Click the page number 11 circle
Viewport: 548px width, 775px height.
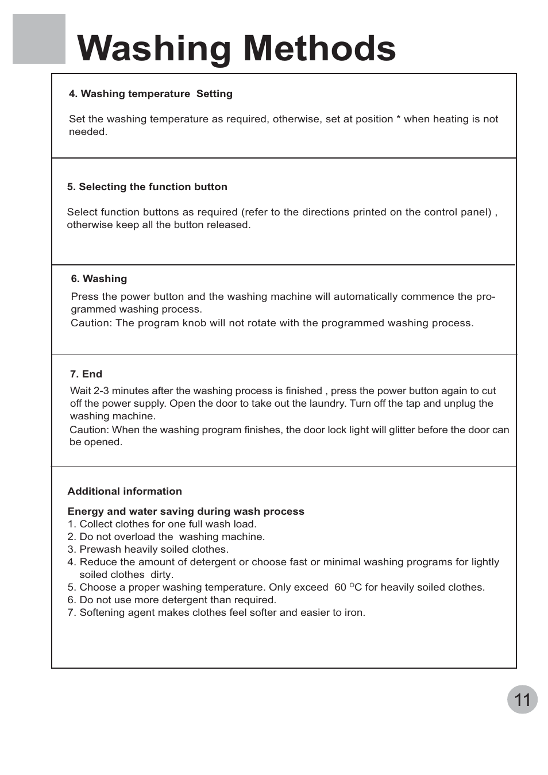(522, 699)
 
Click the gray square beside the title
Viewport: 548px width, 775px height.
(39, 39)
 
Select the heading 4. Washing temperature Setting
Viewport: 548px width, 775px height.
(150, 94)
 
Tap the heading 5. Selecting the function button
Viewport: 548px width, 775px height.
(147, 187)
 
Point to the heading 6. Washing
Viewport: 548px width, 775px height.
(99, 279)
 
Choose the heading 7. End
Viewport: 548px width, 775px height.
(86, 374)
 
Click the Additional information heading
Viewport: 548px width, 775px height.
(125, 491)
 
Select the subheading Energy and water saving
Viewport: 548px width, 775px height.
(186, 511)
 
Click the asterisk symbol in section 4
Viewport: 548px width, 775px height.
(399, 119)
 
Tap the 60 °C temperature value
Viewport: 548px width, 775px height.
(348, 587)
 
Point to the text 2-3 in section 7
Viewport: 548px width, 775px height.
(101, 391)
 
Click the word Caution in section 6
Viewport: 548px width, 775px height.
(90, 323)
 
